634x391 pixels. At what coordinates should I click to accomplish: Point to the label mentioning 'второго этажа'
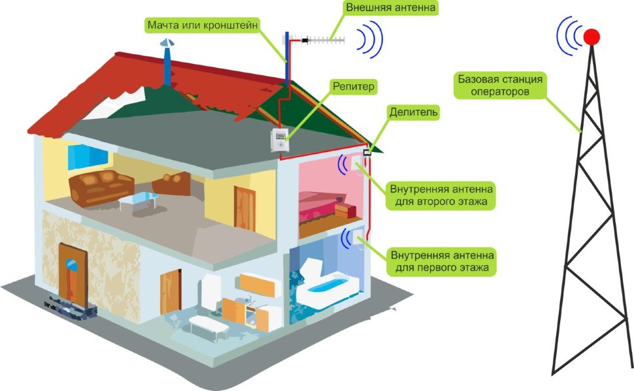[441, 195]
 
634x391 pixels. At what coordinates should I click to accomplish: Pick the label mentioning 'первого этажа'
[441, 260]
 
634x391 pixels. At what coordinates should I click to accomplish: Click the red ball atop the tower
[592, 37]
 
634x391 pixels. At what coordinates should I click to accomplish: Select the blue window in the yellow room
[88, 155]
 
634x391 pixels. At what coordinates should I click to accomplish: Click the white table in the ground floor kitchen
[209, 323]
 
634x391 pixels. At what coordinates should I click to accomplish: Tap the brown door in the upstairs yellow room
[246, 202]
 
